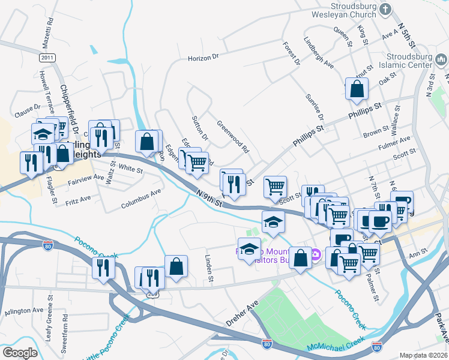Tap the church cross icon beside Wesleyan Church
tap(385, 10)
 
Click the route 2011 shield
tap(47, 58)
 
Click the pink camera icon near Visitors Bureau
tap(315, 256)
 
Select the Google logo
tap(20, 353)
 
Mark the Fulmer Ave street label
tap(394, 143)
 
